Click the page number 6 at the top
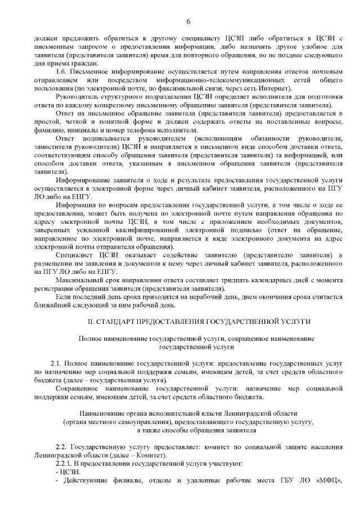click(x=188, y=21)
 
